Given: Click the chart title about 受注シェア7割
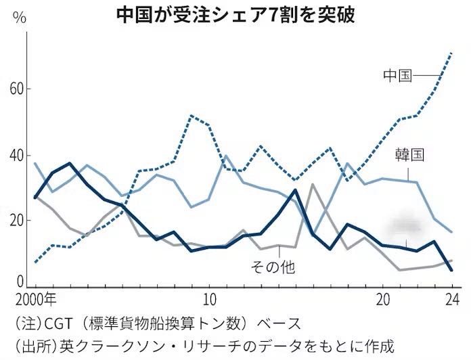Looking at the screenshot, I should pos(235,13).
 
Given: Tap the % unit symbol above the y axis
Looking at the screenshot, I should pos(20,18).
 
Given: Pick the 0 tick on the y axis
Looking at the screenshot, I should pos(21,281).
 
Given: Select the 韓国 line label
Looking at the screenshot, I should pos(409,156).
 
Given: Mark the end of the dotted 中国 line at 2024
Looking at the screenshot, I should pos(452,53).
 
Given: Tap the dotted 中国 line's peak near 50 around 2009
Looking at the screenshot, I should pos(192,116).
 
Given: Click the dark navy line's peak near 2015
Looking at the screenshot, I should pos(295,190).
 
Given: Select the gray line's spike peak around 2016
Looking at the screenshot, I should pos(312,184).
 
